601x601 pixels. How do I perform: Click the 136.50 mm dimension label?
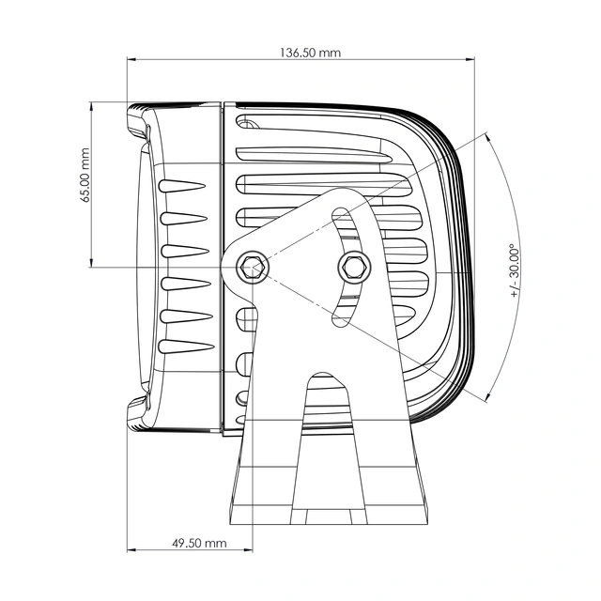coord(310,53)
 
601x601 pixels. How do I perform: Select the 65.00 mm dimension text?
coord(85,176)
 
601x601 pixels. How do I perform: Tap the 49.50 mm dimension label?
coord(199,543)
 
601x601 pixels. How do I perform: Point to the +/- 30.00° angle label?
coord(515,270)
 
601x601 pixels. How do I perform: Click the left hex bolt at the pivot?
coord(253,267)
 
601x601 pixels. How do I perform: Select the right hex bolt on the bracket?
coord(354,267)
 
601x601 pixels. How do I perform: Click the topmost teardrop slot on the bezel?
coord(182,186)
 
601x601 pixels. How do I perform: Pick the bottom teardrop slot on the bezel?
coord(186,347)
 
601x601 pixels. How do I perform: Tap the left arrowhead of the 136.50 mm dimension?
coord(131,59)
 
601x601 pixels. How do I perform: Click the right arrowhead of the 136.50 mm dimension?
coord(470,59)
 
